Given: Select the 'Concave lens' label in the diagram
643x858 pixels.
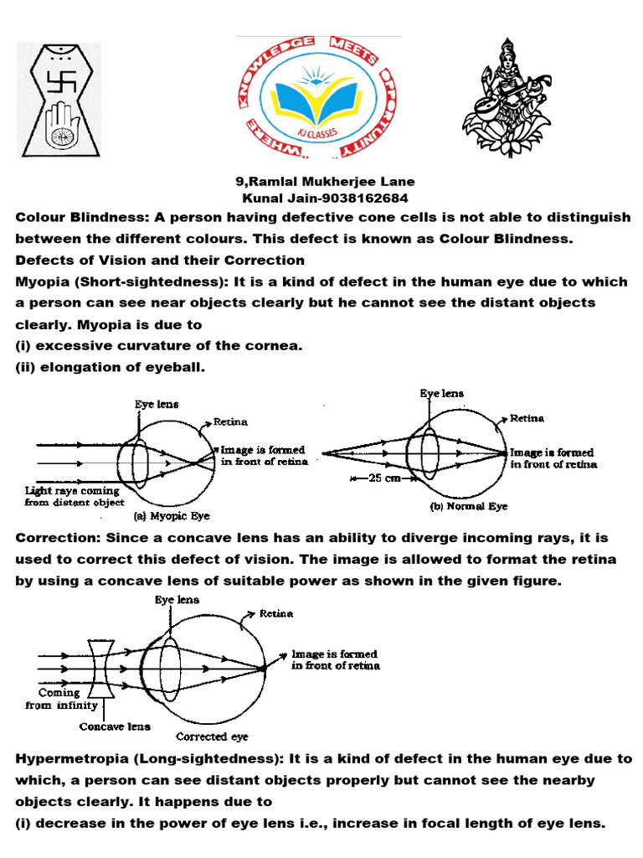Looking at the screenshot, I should click(x=113, y=726).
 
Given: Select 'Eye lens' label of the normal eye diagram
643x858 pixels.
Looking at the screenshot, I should click(x=441, y=392).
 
